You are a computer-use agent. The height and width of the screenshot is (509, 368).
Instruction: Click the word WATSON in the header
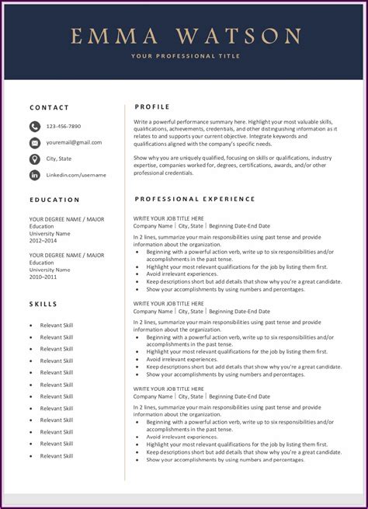click(238, 36)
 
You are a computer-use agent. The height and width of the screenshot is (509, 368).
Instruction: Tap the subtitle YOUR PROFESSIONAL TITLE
click(186, 56)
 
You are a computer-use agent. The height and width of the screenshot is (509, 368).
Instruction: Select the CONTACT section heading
click(50, 108)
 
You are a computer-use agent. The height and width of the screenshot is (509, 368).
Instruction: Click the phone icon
click(35, 126)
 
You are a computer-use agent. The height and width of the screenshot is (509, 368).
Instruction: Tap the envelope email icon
click(35, 142)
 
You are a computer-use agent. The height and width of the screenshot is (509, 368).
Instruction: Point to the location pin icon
click(35, 159)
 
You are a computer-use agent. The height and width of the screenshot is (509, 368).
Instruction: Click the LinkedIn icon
click(35, 175)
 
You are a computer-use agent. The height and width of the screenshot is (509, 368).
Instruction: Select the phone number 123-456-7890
click(64, 126)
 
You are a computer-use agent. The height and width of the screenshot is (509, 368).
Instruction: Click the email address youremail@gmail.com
click(74, 142)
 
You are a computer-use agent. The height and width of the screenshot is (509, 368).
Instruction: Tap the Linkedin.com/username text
click(76, 175)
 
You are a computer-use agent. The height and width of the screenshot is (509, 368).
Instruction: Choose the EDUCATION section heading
click(54, 200)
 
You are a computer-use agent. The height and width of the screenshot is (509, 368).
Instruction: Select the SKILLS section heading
click(43, 303)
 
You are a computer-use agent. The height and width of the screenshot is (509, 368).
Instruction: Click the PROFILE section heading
click(153, 106)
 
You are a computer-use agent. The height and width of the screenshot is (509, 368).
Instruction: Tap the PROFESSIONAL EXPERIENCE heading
click(195, 199)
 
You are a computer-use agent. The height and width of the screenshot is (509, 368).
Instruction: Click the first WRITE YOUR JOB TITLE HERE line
click(168, 219)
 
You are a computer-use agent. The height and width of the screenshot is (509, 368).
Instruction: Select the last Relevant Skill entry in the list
click(57, 455)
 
